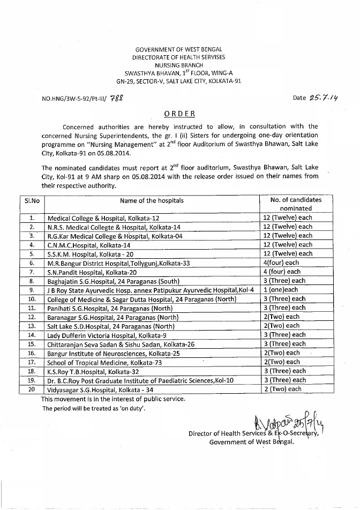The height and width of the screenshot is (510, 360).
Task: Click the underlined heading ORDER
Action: (179, 114)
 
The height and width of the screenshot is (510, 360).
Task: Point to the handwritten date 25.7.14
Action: (307, 98)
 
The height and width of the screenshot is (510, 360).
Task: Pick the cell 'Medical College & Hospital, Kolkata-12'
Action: (104, 218)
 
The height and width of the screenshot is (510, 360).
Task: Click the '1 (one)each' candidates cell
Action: (284, 290)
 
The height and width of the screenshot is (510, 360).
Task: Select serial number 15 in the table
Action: (32, 344)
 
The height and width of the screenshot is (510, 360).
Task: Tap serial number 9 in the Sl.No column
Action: (32, 290)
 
